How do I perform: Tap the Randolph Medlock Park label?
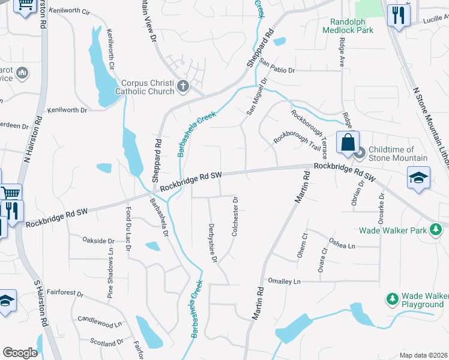(x=348, y=25)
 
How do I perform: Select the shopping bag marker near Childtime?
(x=348, y=143)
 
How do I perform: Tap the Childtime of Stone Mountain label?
(x=398, y=154)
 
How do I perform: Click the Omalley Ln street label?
(x=284, y=281)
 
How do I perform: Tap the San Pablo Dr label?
(x=278, y=70)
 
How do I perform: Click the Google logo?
(x=20, y=353)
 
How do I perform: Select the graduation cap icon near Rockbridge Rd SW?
(x=418, y=177)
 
